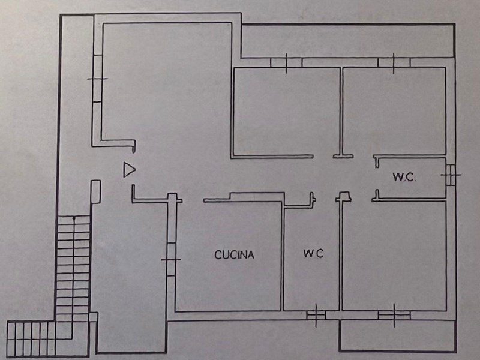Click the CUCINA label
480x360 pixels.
[x=235, y=254]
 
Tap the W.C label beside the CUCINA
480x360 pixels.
[x=313, y=254]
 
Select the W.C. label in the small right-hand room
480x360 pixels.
[x=404, y=177]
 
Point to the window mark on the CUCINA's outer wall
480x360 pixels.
[x=171, y=259]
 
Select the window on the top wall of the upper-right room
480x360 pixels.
[x=394, y=62]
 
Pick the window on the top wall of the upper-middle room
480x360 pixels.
[x=286, y=62]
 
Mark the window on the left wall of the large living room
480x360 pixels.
[x=97, y=79]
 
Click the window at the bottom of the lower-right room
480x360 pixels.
[x=394, y=314]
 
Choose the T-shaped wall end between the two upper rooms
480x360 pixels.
[x=343, y=154]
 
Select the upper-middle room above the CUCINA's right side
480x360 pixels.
[x=286, y=111]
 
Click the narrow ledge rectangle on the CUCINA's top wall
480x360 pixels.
[x=257, y=196]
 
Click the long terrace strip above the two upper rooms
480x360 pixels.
[x=348, y=41]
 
